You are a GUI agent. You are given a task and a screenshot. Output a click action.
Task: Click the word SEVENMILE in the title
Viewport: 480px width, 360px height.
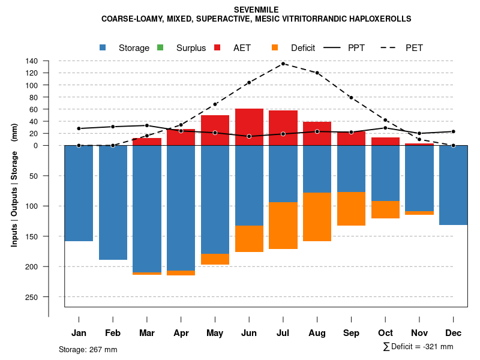pyautogui.click(x=256, y=10)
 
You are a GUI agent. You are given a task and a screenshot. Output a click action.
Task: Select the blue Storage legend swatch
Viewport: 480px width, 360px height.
pyautogui.click(x=103, y=48)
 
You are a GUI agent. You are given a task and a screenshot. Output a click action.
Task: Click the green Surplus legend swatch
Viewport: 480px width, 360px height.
pyautogui.click(x=160, y=48)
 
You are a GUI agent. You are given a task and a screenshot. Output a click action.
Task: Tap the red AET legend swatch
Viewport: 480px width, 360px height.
pyautogui.click(x=218, y=48)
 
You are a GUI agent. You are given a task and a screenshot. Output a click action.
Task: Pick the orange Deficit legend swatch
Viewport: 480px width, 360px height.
pyautogui.click(x=275, y=48)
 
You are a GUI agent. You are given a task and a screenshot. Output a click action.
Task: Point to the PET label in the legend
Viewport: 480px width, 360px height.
pyautogui.click(x=414, y=48)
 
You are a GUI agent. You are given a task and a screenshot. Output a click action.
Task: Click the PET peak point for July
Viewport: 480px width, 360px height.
pyautogui.click(x=283, y=64)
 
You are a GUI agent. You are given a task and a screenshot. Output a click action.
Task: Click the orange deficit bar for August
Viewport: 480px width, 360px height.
pyautogui.click(x=317, y=217)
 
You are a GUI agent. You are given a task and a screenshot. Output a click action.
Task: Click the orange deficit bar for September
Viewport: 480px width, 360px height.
pyautogui.click(x=351, y=209)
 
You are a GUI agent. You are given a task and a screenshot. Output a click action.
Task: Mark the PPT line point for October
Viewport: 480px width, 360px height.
pyautogui.click(x=385, y=128)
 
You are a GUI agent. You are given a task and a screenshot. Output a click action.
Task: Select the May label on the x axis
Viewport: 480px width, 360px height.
pyautogui.click(x=215, y=333)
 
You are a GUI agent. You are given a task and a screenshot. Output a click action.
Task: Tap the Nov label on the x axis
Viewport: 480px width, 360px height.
pyautogui.click(x=419, y=333)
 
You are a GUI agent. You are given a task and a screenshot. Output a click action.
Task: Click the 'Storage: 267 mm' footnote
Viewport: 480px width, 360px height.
pyautogui.click(x=88, y=350)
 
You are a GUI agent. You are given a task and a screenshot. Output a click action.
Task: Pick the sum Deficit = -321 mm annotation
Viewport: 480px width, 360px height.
pyautogui.click(x=418, y=347)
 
